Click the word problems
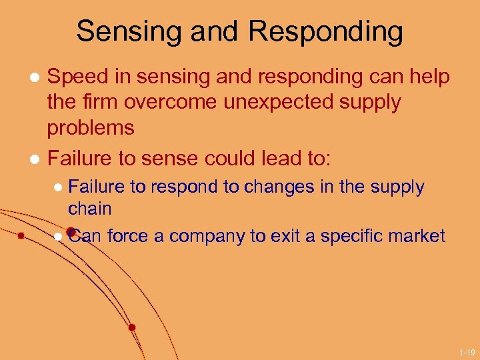coord(91,127)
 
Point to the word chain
coord(89,208)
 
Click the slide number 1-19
coord(467,351)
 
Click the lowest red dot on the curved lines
coord(132,327)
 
